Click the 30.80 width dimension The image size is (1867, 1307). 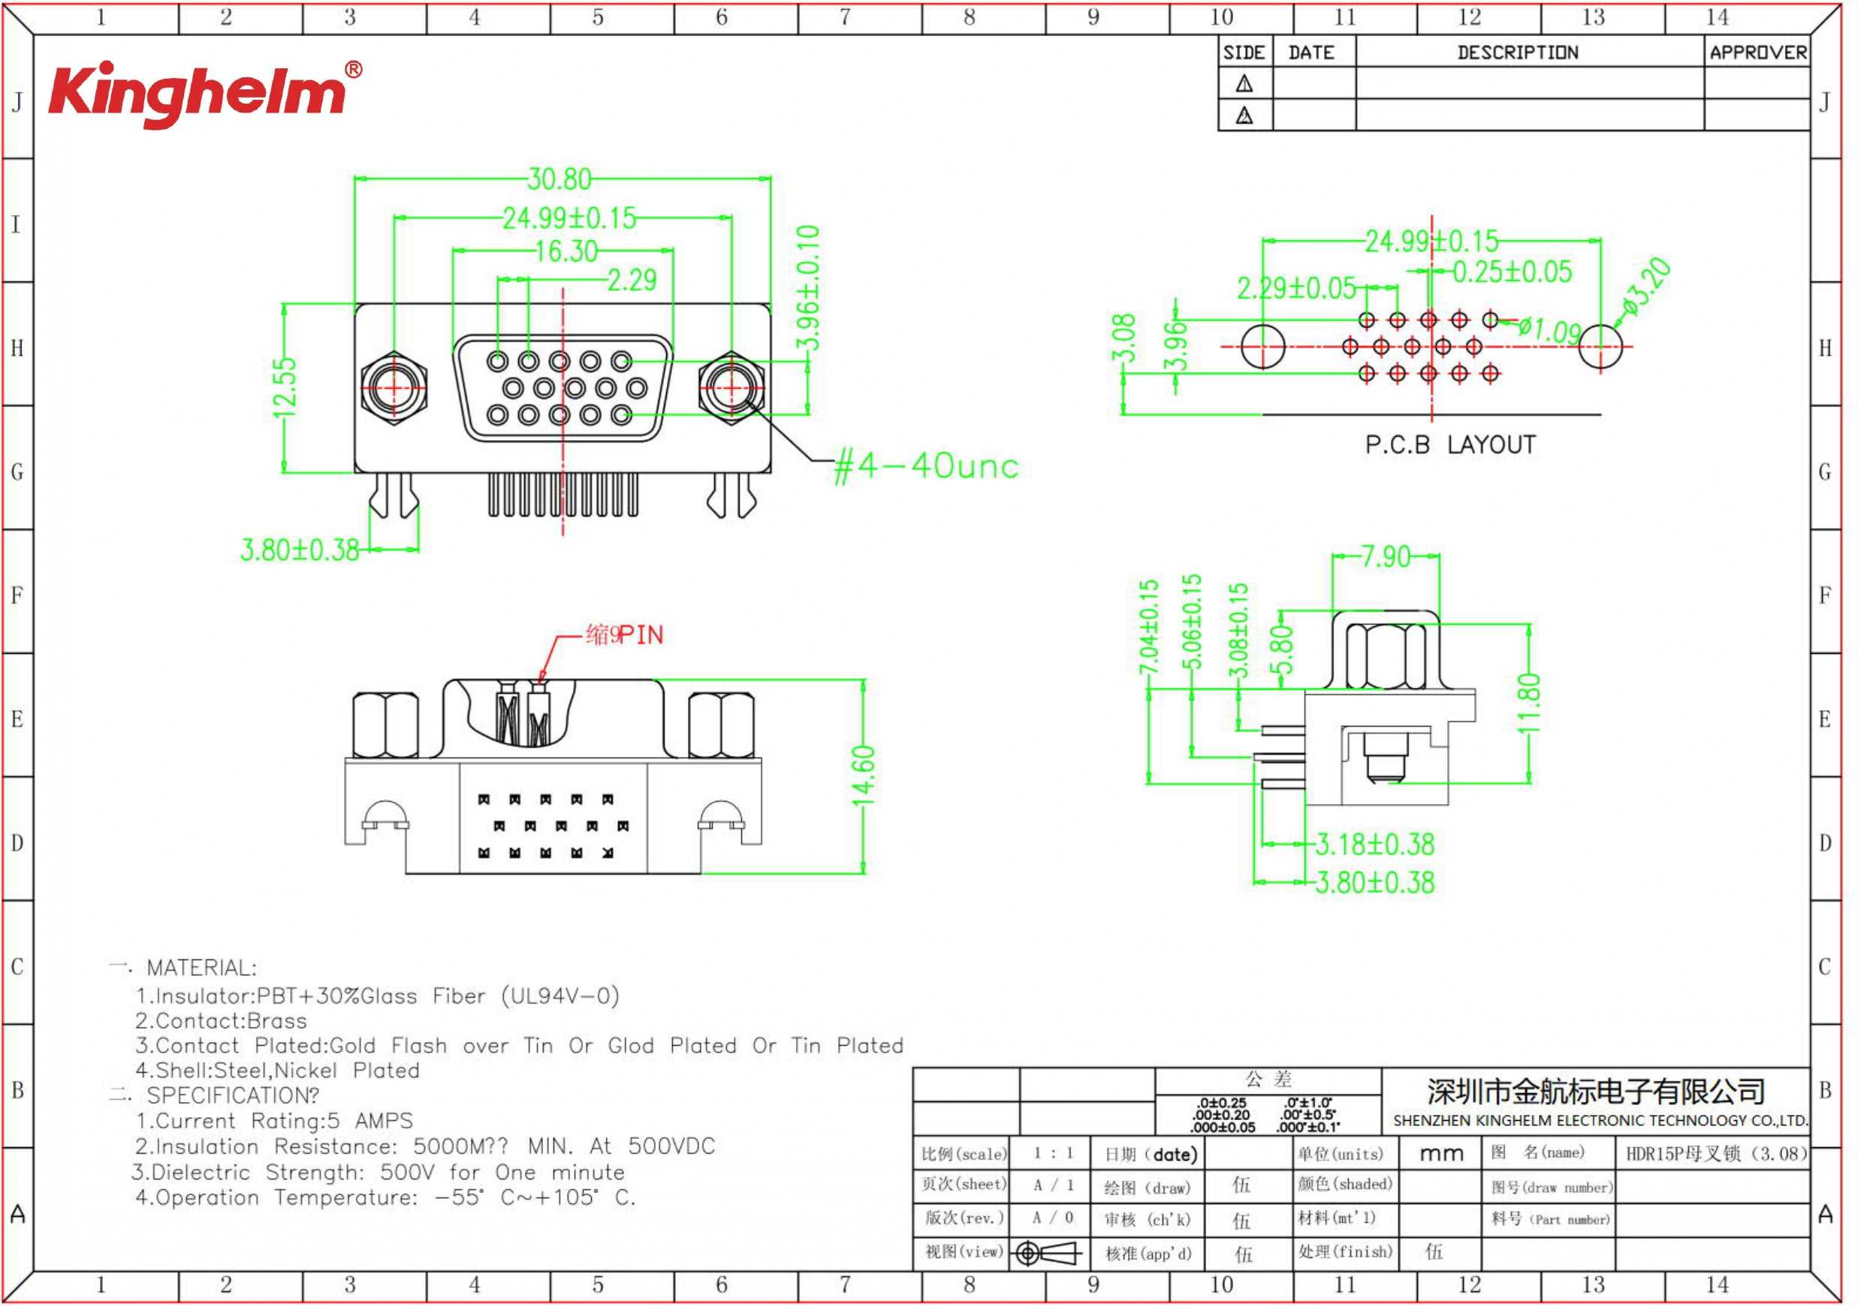pyautogui.click(x=559, y=179)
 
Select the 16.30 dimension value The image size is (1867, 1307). pyautogui.click(x=567, y=251)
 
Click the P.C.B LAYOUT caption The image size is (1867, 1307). pyautogui.click(x=1450, y=445)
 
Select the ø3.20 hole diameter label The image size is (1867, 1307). pyautogui.click(x=1647, y=286)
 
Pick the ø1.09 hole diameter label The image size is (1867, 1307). pyautogui.click(x=1550, y=330)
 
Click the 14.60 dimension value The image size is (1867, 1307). pyautogui.click(x=863, y=775)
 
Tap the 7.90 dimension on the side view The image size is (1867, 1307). pyautogui.click(x=1386, y=557)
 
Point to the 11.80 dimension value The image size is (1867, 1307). pyautogui.click(x=1530, y=703)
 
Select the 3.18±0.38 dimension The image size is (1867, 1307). pyautogui.click(x=1375, y=845)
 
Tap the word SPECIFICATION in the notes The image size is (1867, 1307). pyautogui.click(x=231, y=1095)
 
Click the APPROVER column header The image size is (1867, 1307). pyautogui.click(x=1757, y=53)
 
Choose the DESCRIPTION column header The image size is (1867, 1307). pyautogui.click(x=1517, y=53)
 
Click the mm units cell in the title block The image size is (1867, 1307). pyautogui.click(x=1441, y=1153)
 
